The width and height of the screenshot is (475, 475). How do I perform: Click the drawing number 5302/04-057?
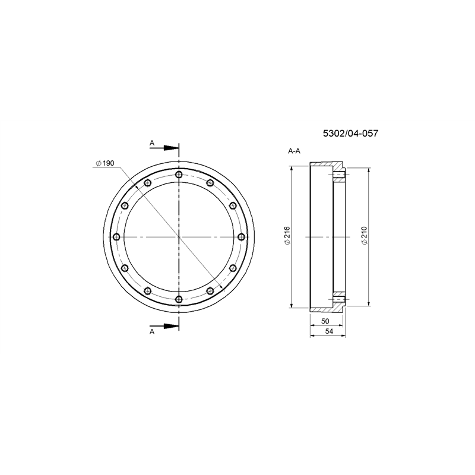(x=350, y=133)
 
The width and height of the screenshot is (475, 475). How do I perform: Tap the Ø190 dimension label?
(x=105, y=163)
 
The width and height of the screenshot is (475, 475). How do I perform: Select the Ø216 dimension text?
(x=287, y=235)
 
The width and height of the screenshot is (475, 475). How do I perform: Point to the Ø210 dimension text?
(x=364, y=235)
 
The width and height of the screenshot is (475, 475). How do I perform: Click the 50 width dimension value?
(x=325, y=321)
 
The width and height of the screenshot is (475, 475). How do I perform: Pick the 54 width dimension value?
(x=329, y=331)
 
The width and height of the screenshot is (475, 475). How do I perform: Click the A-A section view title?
(x=294, y=151)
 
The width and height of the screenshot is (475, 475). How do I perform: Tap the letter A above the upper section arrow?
(x=152, y=143)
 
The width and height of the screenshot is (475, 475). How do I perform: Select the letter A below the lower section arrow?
(x=152, y=332)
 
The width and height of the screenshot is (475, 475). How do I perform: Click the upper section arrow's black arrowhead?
(x=171, y=148)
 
